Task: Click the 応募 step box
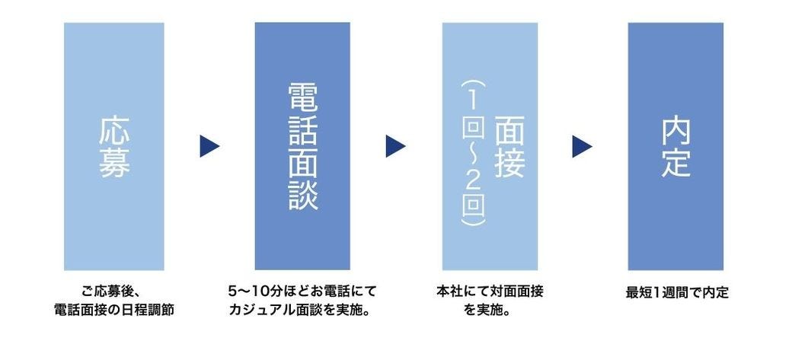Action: pyautogui.click(x=114, y=146)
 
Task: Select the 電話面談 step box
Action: pyautogui.click(x=302, y=146)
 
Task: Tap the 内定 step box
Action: pyautogui.click(x=675, y=146)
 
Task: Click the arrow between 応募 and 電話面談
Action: pyautogui.click(x=209, y=146)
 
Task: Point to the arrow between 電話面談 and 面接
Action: pyautogui.click(x=395, y=146)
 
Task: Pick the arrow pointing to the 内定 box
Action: pyautogui.click(x=582, y=146)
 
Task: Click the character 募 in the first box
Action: pyautogui.click(x=114, y=164)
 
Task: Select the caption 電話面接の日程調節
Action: pyautogui.click(x=114, y=310)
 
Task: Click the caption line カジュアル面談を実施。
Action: pyautogui.click(x=302, y=310)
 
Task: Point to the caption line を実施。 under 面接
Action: pyautogui.click(x=489, y=310)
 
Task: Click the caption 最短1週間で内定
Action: pyautogui.click(x=676, y=292)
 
